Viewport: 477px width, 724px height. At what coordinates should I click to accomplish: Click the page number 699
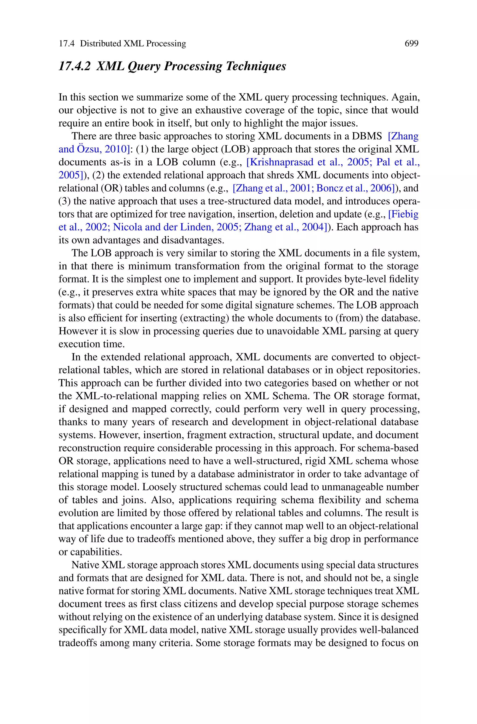point(411,44)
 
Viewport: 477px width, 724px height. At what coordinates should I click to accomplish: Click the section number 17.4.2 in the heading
point(75,66)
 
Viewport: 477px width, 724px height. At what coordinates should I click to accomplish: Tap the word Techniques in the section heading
point(256,66)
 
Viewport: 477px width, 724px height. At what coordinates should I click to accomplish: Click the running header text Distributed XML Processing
point(133,44)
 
